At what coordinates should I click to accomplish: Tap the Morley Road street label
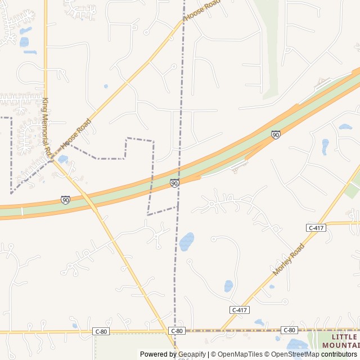coord(289,259)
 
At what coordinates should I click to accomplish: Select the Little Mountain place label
coord(340,340)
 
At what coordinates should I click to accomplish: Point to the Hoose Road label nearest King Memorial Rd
coord(75,134)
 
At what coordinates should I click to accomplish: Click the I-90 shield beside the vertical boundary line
coord(174,183)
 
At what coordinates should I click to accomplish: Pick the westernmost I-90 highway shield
coord(66,200)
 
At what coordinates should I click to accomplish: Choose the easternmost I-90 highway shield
coord(276,134)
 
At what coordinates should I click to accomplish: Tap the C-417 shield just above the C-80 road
coord(240,310)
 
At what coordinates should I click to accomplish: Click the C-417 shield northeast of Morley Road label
coord(316,228)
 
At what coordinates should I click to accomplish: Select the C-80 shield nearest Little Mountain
coord(289,330)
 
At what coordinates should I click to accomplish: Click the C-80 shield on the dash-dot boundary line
coord(177,331)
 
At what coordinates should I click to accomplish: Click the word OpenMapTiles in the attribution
coord(240,354)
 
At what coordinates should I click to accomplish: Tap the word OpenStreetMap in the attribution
coord(295,354)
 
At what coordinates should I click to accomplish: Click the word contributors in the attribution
coord(339,354)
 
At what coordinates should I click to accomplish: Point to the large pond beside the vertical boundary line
coord(187,242)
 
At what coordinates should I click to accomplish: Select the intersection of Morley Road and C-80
coord(220,330)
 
